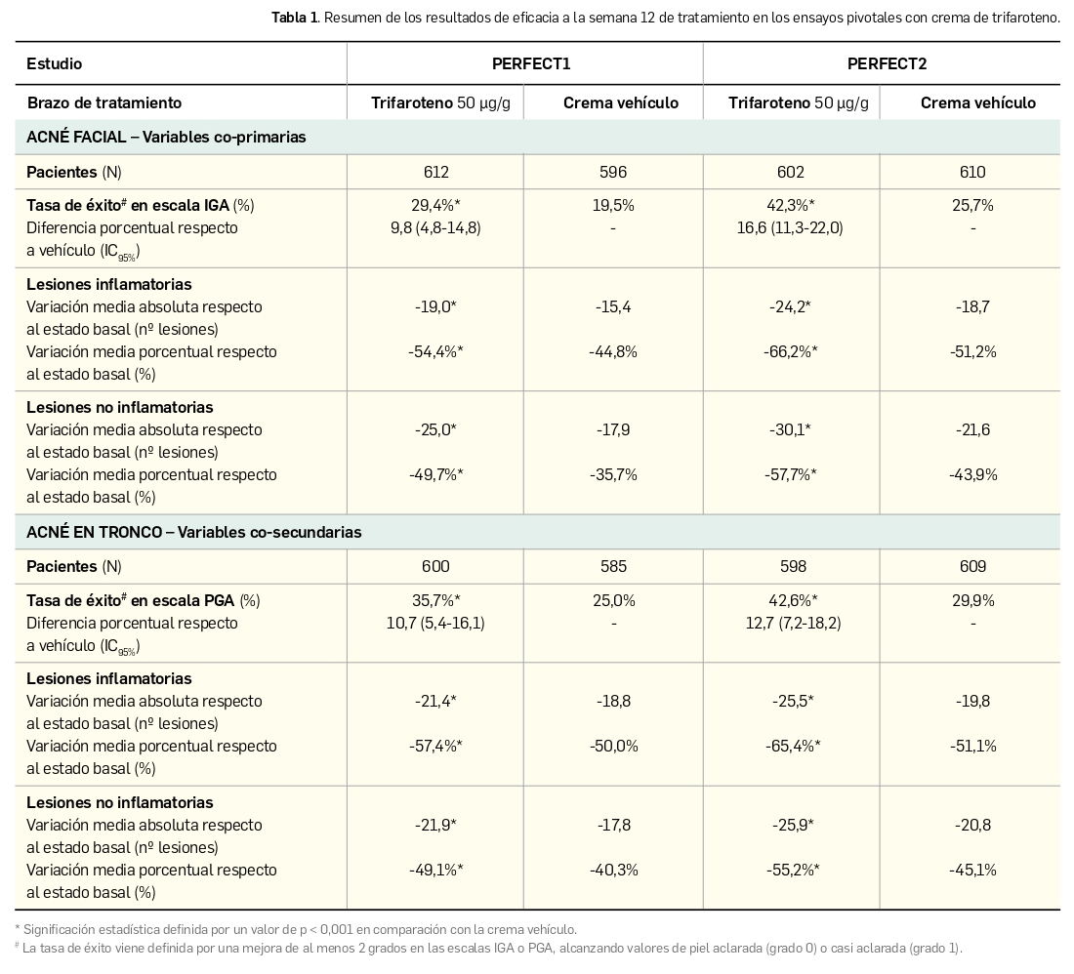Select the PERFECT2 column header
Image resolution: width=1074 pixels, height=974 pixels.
pos(887,64)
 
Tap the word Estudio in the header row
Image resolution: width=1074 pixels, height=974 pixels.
pos(54,64)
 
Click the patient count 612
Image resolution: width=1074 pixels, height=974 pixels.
pos(435,173)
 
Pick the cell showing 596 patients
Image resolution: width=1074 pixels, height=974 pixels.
pos(613,173)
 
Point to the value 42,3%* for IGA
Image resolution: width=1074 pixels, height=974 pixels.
pos(790,206)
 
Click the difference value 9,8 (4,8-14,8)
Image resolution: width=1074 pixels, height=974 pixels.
pos(435,228)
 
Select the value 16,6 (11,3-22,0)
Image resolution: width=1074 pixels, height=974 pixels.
pos(790,228)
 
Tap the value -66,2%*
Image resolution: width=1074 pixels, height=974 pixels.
pos(790,352)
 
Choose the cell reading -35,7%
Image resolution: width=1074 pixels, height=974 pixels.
pos(613,475)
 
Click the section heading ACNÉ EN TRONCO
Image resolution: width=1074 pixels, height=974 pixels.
pos(193,533)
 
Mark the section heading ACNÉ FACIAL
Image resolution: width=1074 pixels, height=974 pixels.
pos(166,138)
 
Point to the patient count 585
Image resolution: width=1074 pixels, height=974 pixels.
pos(613,567)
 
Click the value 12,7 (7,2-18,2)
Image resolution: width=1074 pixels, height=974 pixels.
pos(790,623)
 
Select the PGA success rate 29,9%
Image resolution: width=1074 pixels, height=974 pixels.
pos(972,601)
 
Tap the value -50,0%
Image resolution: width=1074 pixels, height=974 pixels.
pos(613,747)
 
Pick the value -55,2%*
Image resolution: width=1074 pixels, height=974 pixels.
pos(790,871)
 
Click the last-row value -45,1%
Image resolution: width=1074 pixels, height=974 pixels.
pos(972,871)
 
